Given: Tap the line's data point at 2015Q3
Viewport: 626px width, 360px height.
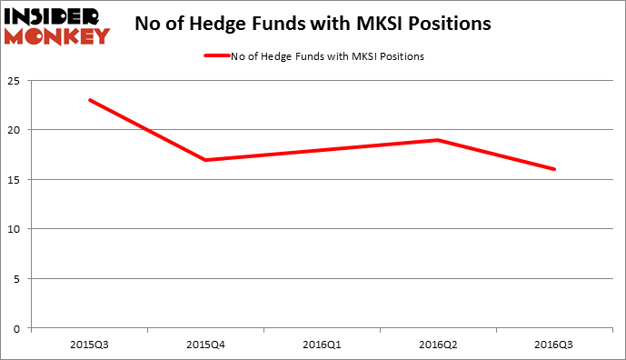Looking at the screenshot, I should (89, 100).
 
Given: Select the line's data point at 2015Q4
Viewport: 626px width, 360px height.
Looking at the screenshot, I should (205, 160).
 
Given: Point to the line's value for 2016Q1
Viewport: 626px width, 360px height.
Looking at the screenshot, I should (322, 150).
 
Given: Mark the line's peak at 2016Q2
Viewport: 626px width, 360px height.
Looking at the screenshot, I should (438, 140).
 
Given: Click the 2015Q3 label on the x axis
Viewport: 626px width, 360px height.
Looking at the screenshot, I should (89, 345).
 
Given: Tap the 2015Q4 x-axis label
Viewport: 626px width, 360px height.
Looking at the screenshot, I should (205, 345).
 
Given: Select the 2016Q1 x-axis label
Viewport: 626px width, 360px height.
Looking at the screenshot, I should (322, 345).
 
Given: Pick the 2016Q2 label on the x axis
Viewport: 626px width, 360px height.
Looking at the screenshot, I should (438, 345).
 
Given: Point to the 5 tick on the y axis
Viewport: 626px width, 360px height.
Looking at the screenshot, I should (18, 278).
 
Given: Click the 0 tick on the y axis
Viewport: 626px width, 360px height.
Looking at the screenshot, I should (18, 328).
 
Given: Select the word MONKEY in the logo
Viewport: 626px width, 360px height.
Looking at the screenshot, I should (56, 35).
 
